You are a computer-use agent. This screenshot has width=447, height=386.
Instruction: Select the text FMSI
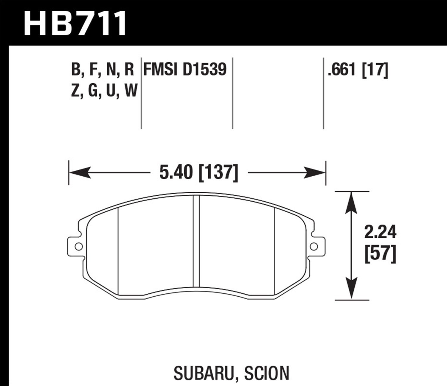[161, 70]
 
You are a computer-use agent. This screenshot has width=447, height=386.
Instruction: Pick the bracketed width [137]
[218, 173]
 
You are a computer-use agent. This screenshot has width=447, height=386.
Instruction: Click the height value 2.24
[380, 232]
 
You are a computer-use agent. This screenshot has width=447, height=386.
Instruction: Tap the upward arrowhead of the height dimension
[352, 203]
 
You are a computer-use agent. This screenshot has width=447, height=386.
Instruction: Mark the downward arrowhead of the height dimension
[352, 288]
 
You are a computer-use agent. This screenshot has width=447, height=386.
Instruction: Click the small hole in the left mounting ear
[78, 246]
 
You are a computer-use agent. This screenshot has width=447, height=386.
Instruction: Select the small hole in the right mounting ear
[314, 246]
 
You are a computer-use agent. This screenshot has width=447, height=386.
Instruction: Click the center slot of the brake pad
[196, 241]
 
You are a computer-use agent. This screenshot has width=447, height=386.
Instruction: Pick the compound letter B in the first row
[76, 70]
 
